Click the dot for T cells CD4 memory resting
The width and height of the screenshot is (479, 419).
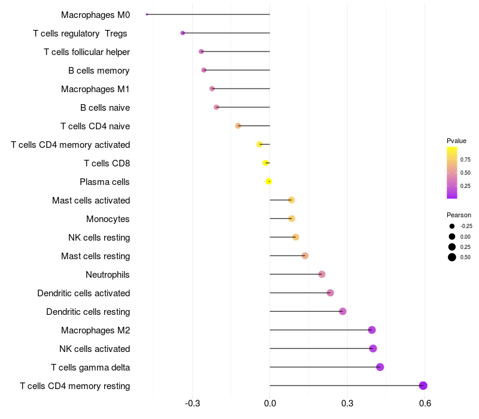coord(423,385)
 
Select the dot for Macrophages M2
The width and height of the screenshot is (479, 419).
coord(372,330)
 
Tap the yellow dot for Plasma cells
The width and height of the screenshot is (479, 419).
coord(269,181)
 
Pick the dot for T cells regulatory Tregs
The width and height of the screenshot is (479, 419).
coord(183,33)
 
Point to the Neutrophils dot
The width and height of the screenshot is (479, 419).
coord(322,274)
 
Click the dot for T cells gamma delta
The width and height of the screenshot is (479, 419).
coord(380,367)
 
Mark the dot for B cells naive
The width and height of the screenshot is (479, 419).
coord(217,107)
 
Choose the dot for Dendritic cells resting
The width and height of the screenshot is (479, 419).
coord(342,311)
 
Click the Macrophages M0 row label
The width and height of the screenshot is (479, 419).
coord(95,14)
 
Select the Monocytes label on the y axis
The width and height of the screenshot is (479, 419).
coord(108,218)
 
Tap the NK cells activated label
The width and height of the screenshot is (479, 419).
coord(95,348)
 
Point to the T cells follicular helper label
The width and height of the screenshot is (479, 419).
coord(87,51)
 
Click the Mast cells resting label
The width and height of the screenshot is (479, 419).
coord(95,256)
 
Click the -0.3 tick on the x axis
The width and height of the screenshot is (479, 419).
coord(193,403)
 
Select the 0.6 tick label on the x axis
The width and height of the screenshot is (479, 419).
coord(425,403)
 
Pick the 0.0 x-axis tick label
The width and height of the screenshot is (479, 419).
coord(270,403)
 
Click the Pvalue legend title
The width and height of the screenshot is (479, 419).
coord(456,141)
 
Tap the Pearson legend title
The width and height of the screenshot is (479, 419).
coord(459,215)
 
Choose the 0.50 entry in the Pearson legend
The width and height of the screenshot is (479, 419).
coord(451,257)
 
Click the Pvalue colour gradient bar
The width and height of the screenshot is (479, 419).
coord(452,172)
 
